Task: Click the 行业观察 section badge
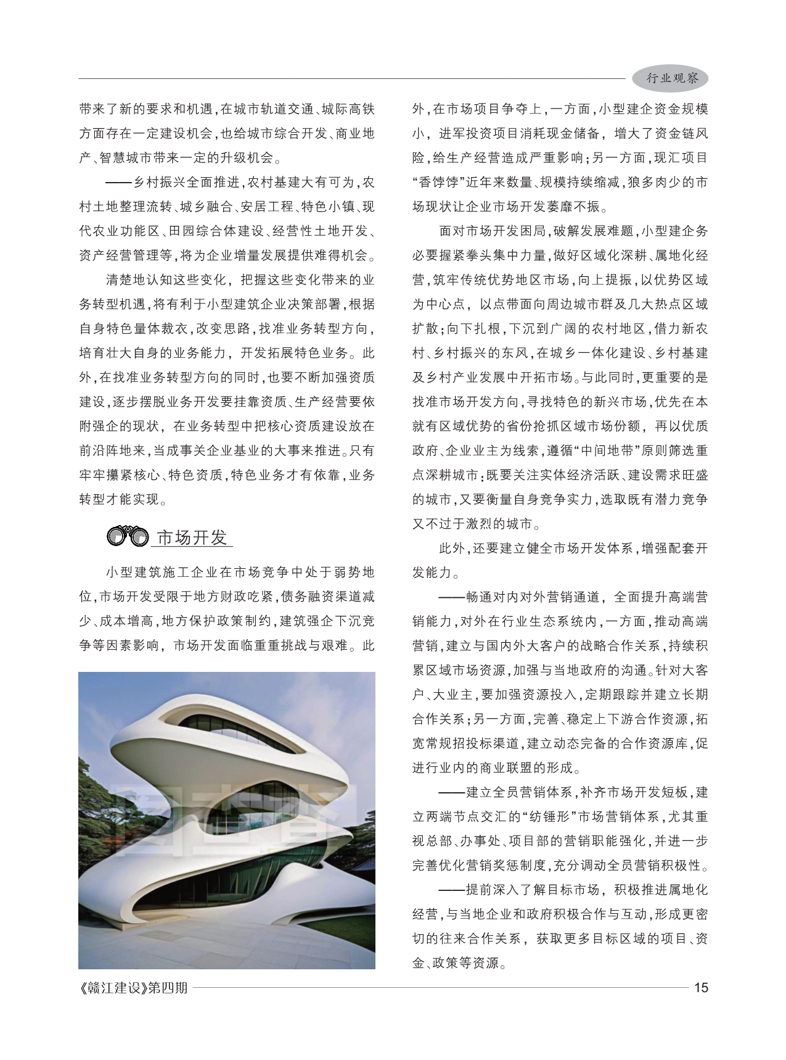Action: coord(671,79)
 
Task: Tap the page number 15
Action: coord(701,987)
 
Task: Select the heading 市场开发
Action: coord(192,537)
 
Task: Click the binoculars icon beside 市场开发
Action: coord(128,537)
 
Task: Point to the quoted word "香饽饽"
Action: coord(438,183)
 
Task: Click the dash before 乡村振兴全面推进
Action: coord(118,183)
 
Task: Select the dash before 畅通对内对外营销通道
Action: coord(451,597)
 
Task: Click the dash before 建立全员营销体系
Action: coord(451,792)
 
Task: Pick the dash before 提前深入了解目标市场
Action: coord(451,890)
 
